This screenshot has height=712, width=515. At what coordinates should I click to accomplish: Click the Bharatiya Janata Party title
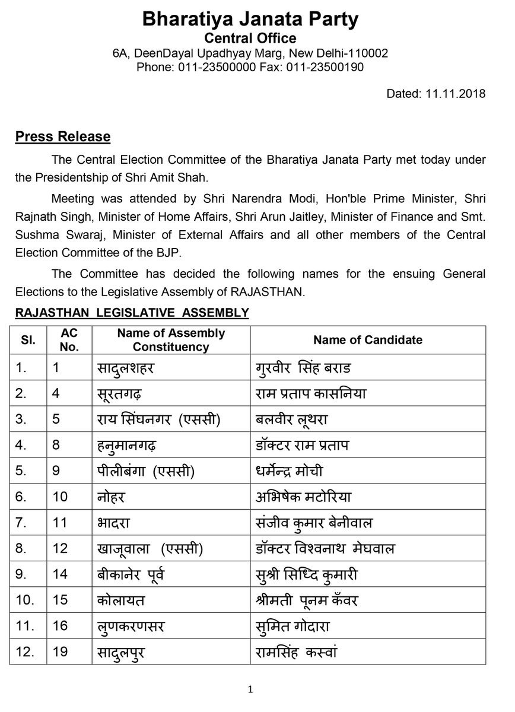(x=250, y=20)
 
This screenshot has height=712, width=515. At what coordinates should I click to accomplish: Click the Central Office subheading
(x=250, y=39)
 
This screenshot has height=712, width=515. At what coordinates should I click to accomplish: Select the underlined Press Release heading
(x=62, y=137)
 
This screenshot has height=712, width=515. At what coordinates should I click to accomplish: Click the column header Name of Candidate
(x=368, y=340)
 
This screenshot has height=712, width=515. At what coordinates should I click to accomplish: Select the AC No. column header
(x=69, y=340)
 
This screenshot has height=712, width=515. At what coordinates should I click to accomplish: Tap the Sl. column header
(x=27, y=340)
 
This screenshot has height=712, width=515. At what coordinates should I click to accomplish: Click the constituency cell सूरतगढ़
(x=126, y=393)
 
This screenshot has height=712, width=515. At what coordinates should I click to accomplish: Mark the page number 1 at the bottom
(x=250, y=689)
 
